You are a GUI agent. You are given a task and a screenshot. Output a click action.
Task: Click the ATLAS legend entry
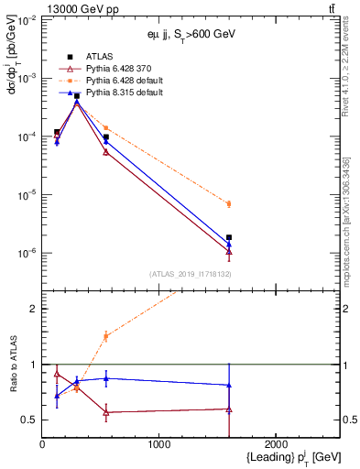99,57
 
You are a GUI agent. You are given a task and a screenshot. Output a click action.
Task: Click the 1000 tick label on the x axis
158,445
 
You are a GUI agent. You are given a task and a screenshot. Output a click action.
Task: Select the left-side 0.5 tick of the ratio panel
30,420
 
